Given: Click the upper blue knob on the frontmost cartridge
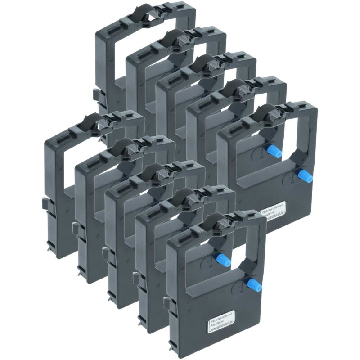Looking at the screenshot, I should point(222,260).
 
